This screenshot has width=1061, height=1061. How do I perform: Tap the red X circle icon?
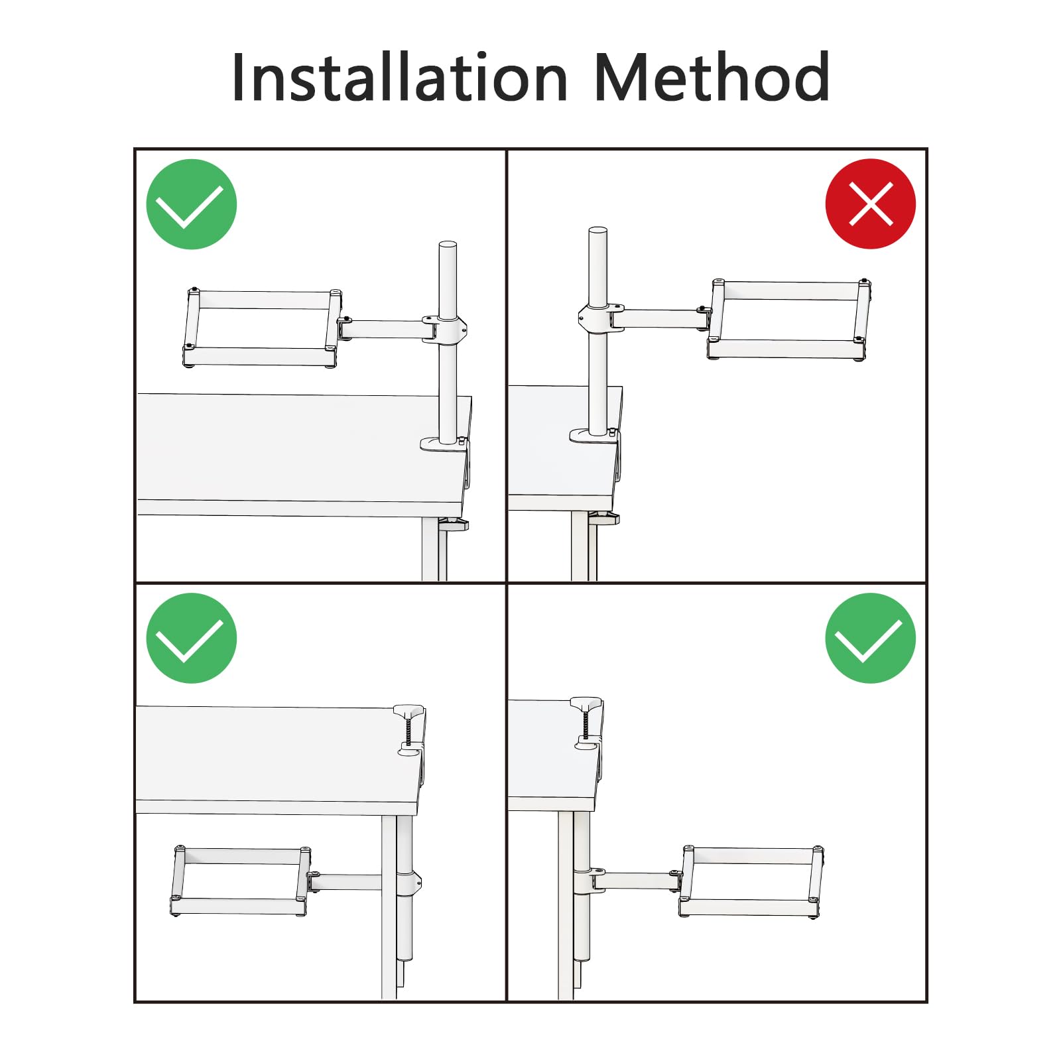coord(871,204)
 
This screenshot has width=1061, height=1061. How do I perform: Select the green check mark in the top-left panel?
coord(192,204)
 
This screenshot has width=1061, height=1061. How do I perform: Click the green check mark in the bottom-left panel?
coord(192,638)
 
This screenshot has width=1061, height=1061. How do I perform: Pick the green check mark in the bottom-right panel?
coord(871,638)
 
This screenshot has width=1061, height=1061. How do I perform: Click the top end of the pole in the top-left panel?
coord(448,245)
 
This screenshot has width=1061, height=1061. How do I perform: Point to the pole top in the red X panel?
coord(597,231)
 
